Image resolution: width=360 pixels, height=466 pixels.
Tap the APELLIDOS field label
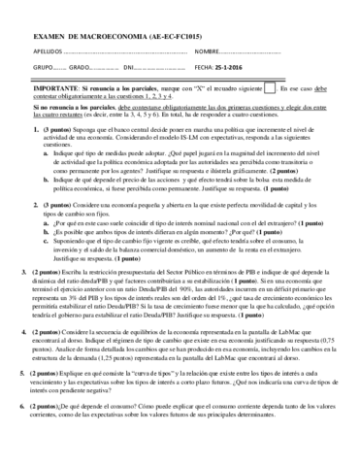pyautogui.click(x=34, y=49)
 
